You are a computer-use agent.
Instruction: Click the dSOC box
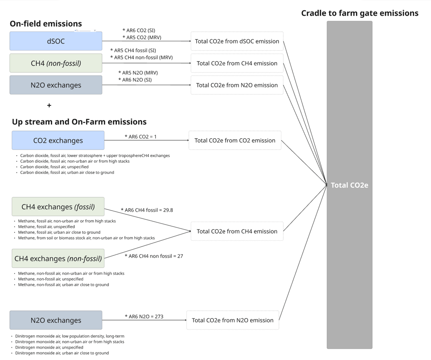56,41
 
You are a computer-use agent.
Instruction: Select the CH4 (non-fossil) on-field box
56,63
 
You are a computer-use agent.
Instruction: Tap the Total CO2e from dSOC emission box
237,41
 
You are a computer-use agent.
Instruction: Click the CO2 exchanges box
58,140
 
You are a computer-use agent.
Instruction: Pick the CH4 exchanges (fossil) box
58,207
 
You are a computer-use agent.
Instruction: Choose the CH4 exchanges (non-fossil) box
58,258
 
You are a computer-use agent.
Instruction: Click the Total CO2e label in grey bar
349,185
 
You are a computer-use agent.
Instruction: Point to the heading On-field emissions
46,24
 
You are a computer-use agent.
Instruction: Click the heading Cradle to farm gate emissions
360,13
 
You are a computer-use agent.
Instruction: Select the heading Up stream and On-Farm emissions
79,122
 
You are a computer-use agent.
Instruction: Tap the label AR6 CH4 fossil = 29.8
147,210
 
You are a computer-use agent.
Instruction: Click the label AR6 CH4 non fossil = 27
154,256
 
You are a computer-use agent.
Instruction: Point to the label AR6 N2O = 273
144,317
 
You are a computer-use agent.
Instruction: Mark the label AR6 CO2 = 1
140,137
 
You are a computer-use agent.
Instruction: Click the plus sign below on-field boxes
49,105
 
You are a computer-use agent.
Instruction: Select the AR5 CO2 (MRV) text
142,37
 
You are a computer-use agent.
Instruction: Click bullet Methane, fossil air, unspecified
46,227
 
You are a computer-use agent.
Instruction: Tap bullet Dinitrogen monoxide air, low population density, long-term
70,336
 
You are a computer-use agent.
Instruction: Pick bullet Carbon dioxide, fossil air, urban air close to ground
67,172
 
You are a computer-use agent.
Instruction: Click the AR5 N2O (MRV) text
138,73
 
